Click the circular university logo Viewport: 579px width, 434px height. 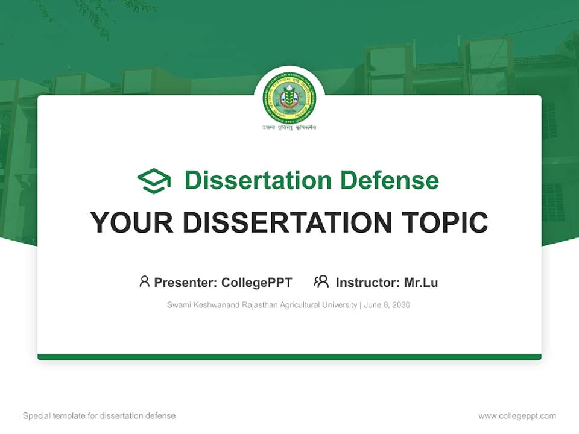tap(289, 101)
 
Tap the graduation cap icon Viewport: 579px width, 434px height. tap(154, 181)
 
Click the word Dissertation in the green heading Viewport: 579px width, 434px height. tap(258, 180)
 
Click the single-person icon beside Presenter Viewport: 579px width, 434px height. tap(144, 281)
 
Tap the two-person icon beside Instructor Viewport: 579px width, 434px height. tap(321, 281)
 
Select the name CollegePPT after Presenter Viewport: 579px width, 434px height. tap(257, 283)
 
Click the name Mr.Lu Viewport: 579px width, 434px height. tap(421, 283)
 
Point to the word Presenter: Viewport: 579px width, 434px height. tap(186, 283)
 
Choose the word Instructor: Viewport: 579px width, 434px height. tap(367, 283)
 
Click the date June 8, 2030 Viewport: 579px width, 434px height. tap(387, 305)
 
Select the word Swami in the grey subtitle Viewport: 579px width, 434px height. tap(177, 305)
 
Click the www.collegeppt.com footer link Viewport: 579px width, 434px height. tap(517, 416)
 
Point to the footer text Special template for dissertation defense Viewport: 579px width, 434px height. tap(100, 416)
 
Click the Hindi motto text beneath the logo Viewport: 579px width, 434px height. tap(289, 128)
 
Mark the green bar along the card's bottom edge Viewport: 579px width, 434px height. tap(289, 357)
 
